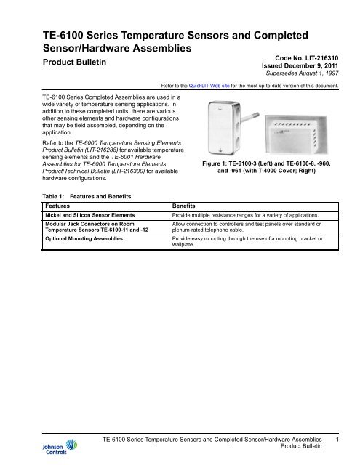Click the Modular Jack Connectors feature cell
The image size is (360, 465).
click(81, 228)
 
